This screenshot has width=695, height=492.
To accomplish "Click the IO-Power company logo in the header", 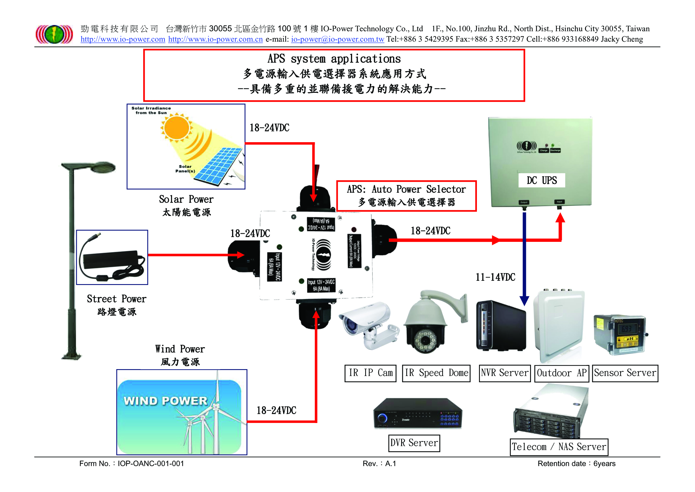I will click(54, 34).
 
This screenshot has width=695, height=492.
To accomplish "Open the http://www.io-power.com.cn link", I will click(215, 39).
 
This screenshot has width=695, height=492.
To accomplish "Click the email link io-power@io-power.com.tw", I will click(338, 39).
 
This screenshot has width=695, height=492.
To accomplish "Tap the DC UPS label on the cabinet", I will click(542, 181).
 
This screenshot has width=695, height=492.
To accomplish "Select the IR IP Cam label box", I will click(371, 373).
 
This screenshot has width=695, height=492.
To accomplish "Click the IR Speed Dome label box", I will click(436, 373).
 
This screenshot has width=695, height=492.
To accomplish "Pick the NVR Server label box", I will click(505, 373).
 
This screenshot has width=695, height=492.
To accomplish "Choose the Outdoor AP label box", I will click(562, 373).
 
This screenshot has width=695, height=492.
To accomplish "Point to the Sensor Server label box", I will click(625, 373).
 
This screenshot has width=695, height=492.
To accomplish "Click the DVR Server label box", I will click(414, 443).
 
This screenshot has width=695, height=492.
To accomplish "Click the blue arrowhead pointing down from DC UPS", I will click(524, 300).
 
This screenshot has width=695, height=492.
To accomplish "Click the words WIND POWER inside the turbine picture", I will click(165, 401).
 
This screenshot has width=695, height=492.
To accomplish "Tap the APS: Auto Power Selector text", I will click(406, 190).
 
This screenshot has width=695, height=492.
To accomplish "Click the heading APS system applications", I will click(334, 59).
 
